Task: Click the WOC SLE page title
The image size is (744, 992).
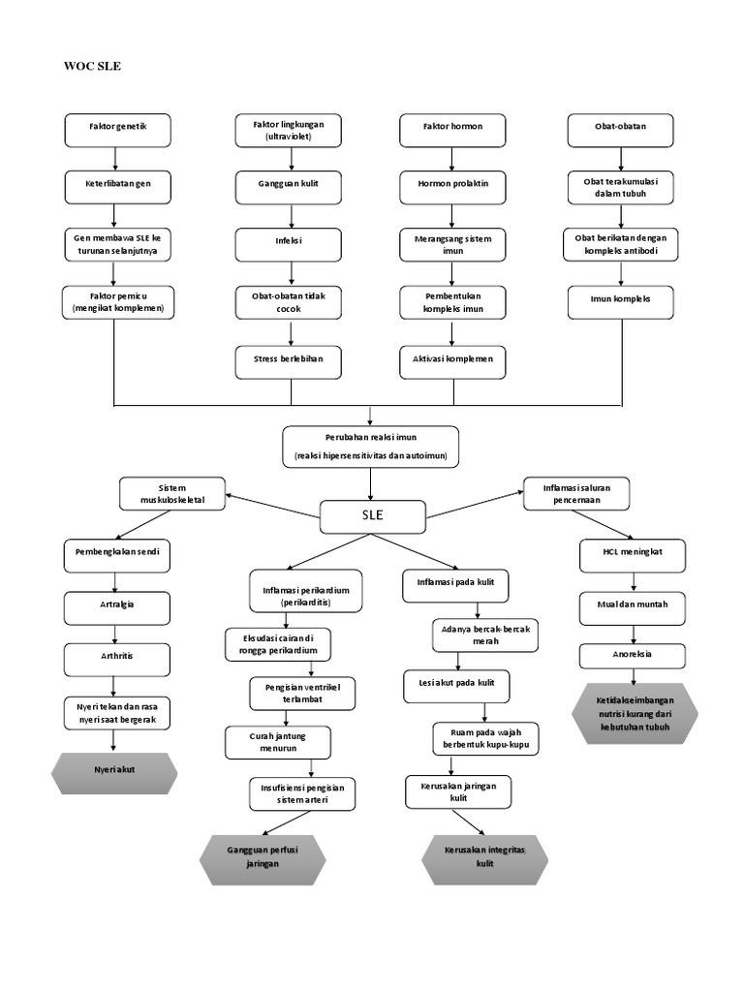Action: coord(92,67)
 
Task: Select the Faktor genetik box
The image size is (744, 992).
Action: coord(117,128)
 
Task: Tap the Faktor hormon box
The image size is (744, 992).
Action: coord(452,128)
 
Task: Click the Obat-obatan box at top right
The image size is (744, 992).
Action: coord(620,128)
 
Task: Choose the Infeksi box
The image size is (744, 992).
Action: coord(289,243)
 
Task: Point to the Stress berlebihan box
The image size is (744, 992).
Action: coord(289,360)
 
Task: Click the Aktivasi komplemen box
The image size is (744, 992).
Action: coord(452,360)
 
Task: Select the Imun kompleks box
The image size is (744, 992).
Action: coord(620,300)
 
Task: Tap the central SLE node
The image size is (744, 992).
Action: coord(371,515)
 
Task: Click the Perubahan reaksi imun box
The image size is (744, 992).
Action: coord(371,446)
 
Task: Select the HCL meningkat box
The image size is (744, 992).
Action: coord(634,554)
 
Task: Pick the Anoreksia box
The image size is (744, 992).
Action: coord(634,655)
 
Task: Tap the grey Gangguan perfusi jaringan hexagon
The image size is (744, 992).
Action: coord(263,857)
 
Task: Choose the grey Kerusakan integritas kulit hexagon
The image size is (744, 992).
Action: coord(485,857)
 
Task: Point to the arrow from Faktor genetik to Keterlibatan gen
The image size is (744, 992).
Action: coord(117,156)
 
